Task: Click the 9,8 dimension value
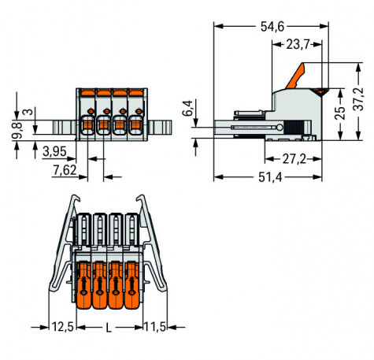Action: pos(15,124)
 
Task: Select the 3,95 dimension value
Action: pos(54,150)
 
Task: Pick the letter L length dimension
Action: pos(109,325)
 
